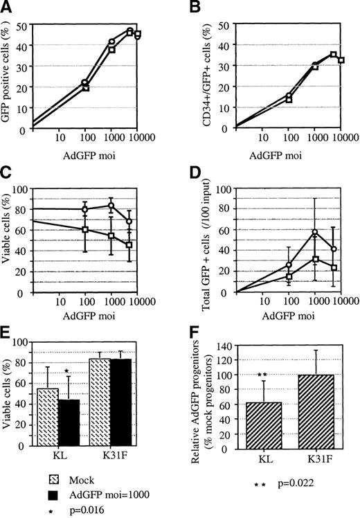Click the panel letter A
click(x=8, y=9)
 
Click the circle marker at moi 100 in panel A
click(x=84, y=82)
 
